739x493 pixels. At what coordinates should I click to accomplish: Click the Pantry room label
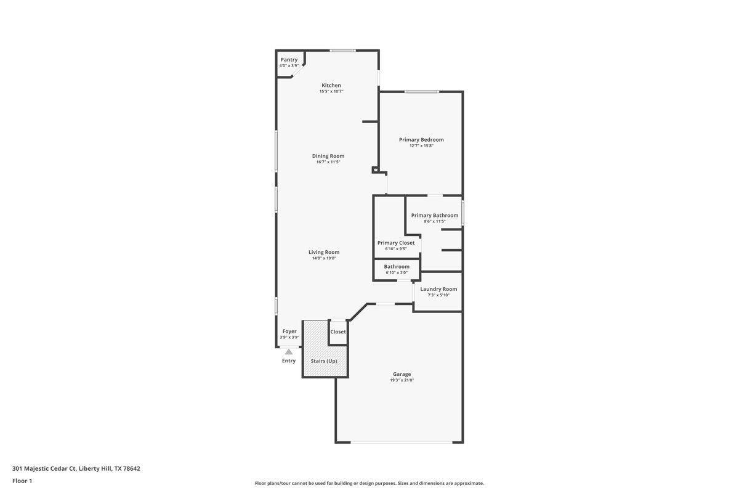coord(289,60)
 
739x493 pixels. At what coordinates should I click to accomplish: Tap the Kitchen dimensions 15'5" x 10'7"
coord(331,91)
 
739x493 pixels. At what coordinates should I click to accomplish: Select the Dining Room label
coord(328,156)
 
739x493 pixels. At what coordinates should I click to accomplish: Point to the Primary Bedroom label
coord(421,140)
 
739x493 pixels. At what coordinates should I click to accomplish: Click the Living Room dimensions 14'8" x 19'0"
coord(324,258)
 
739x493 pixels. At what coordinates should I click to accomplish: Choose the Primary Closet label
coord(396,243)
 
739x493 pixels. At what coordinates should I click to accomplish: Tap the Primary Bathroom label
coord(435,216)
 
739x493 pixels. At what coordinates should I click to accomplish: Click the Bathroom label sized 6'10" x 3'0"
coord(397,267)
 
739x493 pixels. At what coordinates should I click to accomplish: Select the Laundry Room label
coord(438,289)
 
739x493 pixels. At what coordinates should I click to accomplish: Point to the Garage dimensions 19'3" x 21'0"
coord(402,380)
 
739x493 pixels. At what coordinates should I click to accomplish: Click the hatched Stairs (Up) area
coord(324,361)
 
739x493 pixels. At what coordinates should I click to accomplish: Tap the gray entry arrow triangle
coord(289,351)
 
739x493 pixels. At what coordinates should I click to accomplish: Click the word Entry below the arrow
coord(289,361)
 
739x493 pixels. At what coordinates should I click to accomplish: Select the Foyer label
coord(289,332)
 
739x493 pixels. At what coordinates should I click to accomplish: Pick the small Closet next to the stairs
coord(338,332)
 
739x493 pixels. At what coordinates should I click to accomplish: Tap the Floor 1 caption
coord(22,481)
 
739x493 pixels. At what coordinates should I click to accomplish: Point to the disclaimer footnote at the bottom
coord(369,483)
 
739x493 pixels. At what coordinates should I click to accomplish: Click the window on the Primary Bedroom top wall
coord(422,92)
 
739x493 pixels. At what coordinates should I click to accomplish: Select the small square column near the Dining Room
coord(375,169)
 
